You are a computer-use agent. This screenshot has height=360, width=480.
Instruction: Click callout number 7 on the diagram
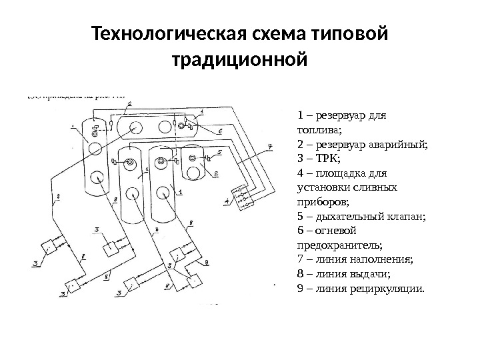(x=269, y=146)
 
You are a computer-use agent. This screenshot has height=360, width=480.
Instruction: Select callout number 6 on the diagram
(x=220, y=132)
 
